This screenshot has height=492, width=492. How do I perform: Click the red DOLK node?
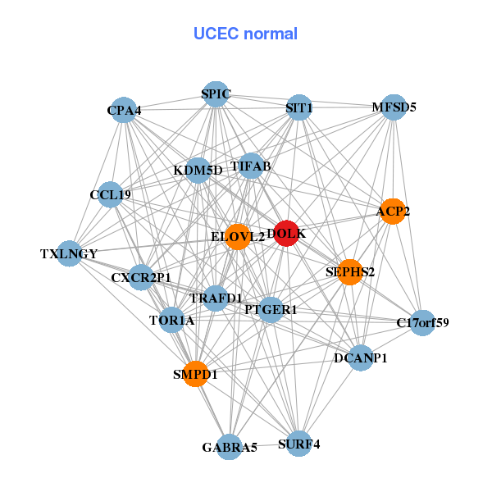point(286,234)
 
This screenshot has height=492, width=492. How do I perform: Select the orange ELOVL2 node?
point(238,237)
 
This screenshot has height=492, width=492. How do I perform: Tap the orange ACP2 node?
point(393,211)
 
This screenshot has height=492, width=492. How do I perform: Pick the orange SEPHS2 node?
point(350,272)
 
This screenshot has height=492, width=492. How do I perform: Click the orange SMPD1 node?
point(195,374)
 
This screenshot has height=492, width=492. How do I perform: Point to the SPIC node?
point(215,94)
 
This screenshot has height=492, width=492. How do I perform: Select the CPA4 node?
point(123,110)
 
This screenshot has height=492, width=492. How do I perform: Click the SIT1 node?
point(298,107)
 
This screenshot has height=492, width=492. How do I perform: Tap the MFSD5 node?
point(394,107)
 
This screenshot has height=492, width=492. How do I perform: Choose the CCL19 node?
point(110,195)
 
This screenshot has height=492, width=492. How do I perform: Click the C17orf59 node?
point(422,323)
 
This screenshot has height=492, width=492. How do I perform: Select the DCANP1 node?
point(361,358)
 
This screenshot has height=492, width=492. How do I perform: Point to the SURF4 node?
point(298,444)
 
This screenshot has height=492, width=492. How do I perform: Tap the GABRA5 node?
point(230,447)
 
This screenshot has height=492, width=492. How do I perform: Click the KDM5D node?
point(198,171)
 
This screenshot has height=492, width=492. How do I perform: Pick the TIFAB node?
point(251,166)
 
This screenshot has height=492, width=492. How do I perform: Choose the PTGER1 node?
point(271,309)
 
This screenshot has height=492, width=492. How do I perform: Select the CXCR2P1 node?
point(141,277)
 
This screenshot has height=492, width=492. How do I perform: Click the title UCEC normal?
point(245,34)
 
